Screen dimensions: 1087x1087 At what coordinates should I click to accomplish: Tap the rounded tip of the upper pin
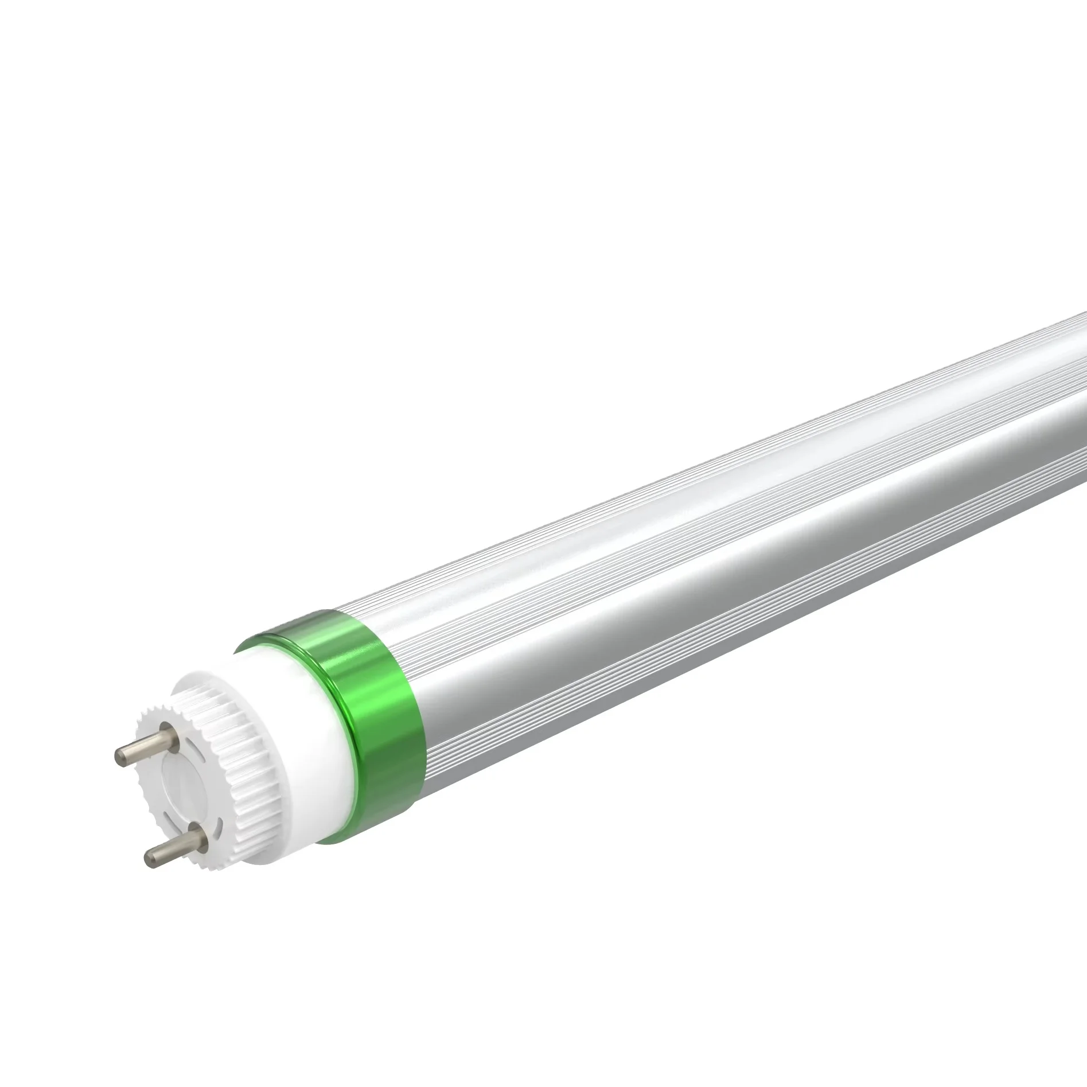click(119, 757)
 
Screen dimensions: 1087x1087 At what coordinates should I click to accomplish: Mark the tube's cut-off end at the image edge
click(1081, 402)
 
